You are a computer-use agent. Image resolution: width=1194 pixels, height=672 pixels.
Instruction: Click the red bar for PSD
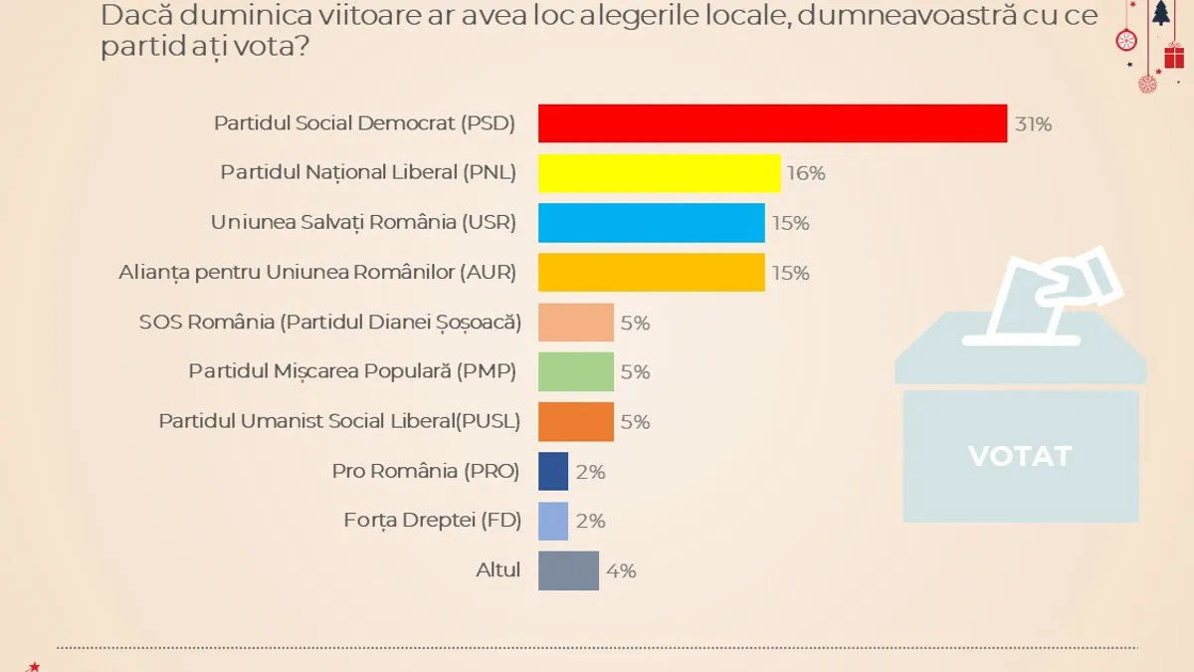click(x=772, y=123)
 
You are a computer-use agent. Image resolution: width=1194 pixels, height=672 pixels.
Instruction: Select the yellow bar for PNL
click(x=659, y=173)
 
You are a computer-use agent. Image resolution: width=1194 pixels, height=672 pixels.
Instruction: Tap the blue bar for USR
click(x=652, y=223)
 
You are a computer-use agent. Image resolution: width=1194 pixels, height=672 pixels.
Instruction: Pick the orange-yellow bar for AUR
click(x=652, y=273)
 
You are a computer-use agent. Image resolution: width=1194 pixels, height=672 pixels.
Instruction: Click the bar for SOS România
click(x=576, y=323)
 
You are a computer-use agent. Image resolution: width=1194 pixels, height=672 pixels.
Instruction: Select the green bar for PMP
click(x=576, y=371)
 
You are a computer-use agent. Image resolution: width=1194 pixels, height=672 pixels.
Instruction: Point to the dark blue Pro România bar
click(x=553, y=471)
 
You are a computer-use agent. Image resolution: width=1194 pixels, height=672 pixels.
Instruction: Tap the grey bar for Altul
click(x=569, y=570)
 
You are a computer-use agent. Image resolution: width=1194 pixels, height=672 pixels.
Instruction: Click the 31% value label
click(x=1033, y=124)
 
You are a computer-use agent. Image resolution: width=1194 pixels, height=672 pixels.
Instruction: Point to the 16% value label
click(x=806, y=174)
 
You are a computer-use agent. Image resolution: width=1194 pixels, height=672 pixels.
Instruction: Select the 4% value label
click(x=621, y=571)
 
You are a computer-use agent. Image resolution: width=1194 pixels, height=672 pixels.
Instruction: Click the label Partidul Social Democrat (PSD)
click(x=365, y=123)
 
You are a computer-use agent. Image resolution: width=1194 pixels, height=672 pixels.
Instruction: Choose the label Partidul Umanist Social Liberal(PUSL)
click(x=339, y=421)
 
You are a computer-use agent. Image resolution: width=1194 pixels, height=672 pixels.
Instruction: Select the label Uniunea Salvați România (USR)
click(x=363, y=223)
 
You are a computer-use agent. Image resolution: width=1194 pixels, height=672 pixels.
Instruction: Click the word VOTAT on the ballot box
click(x=1020, y=456)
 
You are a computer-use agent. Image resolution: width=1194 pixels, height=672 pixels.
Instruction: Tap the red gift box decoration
click(x=1174, y=56)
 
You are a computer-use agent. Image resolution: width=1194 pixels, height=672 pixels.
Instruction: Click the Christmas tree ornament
click(x=1160, y=13)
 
